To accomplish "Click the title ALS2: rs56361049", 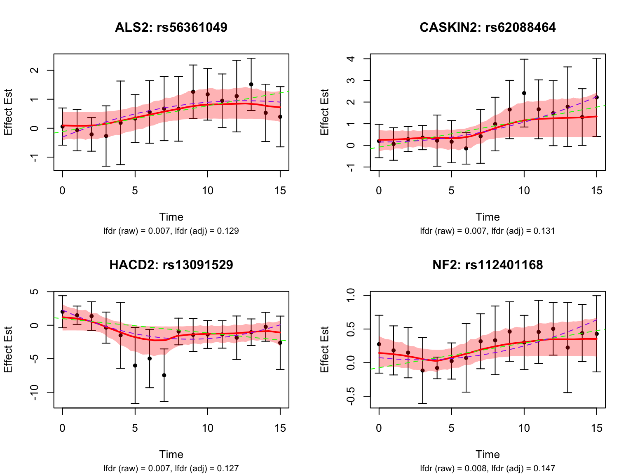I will click(x=171, y=27).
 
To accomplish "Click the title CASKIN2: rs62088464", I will click(x=488, y=27).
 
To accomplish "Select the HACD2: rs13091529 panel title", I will click(x=171, y=265).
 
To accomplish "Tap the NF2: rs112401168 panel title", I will click(x=488, y=265).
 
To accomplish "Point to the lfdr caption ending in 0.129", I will click(x=171, y=231).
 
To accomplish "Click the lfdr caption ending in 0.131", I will click(x=488, y=231).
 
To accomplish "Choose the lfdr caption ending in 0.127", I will click(x=171, y=468).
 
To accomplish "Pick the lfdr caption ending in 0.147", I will click(x=488, y=468).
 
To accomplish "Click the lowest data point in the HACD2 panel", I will click(x=164, y=375).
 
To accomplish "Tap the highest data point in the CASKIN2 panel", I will click(x=524, y=93).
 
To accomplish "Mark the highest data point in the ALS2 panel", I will click(x=251, y=85).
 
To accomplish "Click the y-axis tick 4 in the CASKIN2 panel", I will click(x=351, y=59).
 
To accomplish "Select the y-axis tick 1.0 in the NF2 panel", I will click(x=351, y=296).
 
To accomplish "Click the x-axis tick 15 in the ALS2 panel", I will click(x=280, y=190).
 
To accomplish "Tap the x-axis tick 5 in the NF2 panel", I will click(x=452, y=428).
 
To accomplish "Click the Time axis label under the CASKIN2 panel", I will click(x=488, y=217).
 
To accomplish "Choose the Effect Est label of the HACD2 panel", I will click(x=8, y=350).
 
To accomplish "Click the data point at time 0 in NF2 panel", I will click(x=379, y=344).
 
